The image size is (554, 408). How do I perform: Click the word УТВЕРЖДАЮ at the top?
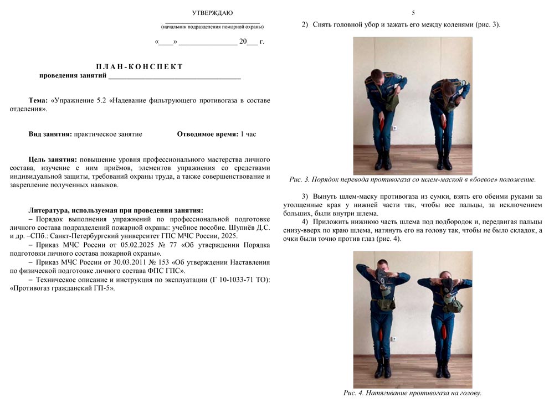point(212,13)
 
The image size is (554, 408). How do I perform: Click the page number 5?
point(413,13)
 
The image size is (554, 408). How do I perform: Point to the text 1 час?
point(248,134)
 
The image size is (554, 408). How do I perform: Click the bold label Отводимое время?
point(208,134)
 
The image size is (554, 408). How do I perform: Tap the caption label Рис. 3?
point(302,179)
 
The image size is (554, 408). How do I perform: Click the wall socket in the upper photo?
point(394,127)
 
